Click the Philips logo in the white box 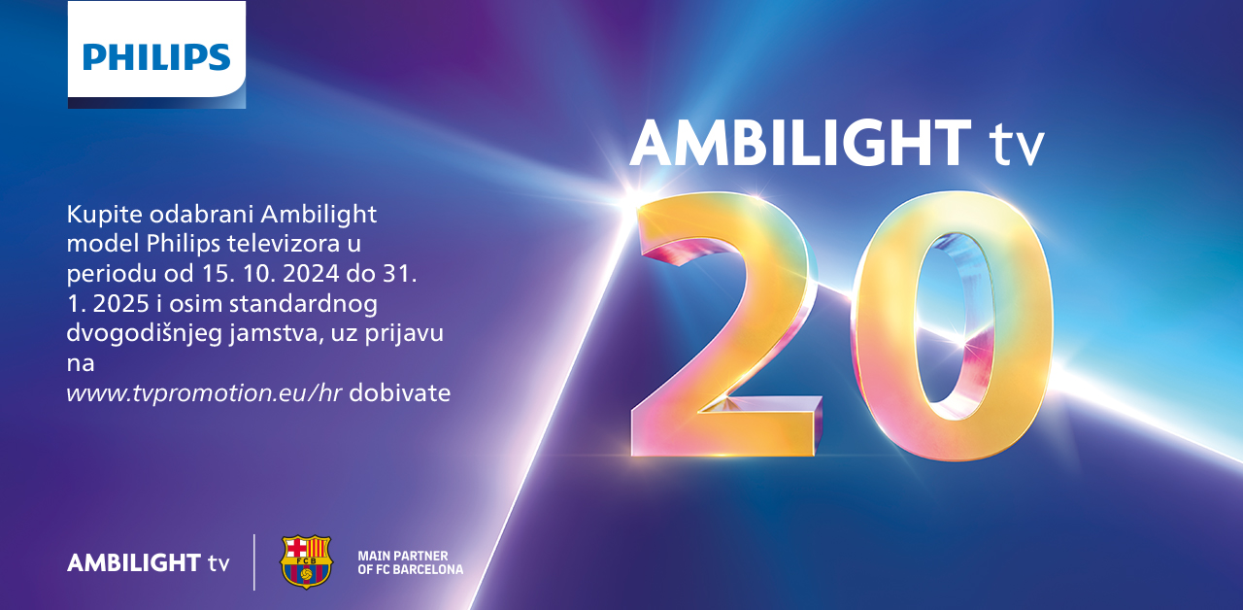[156, 57]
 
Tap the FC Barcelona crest [306, 561]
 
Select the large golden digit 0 [953, 326]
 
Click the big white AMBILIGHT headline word [800, 143]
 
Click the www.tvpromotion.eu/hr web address [204, 393]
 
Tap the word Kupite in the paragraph [104, 215]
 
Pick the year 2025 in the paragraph [121, 304]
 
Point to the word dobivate [399, 393]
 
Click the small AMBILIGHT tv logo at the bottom [148, 562]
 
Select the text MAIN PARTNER [403, 557]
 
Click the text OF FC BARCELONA [410, 569]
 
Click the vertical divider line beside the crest [254, 561]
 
